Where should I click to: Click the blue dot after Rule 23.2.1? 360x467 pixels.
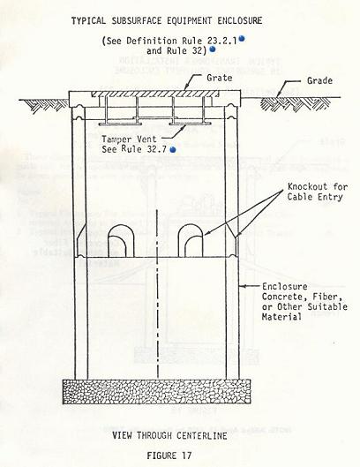click(242, 38)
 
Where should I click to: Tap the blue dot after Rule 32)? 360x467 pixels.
click(213, 49)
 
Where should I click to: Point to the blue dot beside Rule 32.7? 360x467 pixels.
click(173, 149)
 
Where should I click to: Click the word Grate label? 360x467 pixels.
click(220, 78)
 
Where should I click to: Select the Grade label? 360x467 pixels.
click(319, 80)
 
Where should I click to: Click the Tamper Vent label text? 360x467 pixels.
click(129, 139)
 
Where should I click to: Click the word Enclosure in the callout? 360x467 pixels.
click(285, 287)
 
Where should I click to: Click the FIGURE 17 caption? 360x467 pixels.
click(169, 456)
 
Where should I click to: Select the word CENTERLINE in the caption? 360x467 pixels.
click(201, 435)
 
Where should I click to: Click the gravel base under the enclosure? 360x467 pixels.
click(157, 391)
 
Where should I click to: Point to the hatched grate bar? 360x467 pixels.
click(154, 94)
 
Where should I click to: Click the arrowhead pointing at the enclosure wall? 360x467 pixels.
click(242, 287)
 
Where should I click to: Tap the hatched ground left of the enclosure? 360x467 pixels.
click(46, 105)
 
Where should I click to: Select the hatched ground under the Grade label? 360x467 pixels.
click(296, 104)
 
